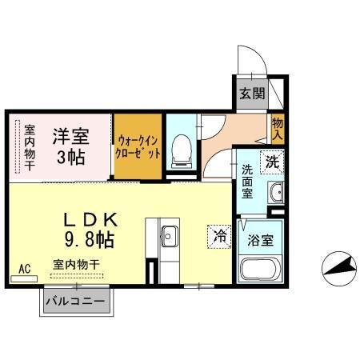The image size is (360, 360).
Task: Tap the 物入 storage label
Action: coord(277,129)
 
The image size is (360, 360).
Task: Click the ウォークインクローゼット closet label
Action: coord(137,145)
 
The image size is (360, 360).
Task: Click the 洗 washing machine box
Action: coord(271,161)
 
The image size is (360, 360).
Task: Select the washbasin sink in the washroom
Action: coord(276,192)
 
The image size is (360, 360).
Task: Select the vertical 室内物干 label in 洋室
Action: coord(29,146)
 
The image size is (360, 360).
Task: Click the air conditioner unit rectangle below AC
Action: coord(24,280)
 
